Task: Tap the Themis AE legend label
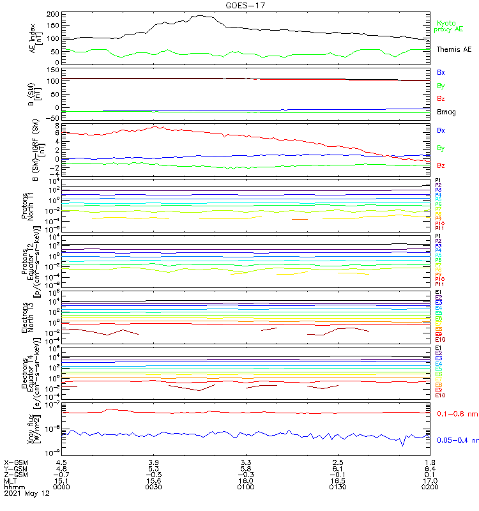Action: (x=454, y=49)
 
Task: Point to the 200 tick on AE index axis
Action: (x=54, y=13)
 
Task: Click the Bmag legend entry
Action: (x=446, y=112)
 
